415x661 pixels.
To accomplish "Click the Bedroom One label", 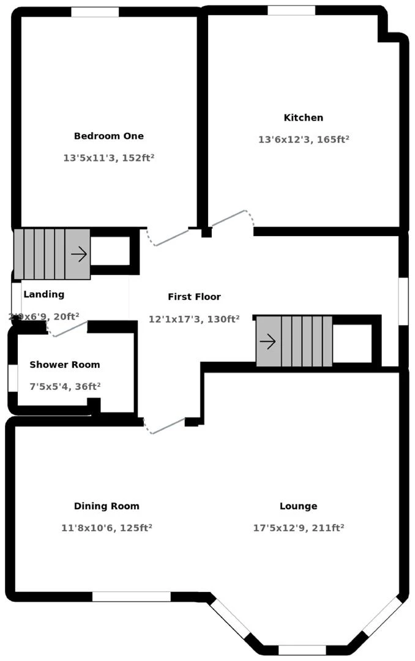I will click(108, 136).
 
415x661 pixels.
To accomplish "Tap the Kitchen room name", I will click(303, 118).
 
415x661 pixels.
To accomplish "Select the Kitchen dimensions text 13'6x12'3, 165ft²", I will click(303, 140).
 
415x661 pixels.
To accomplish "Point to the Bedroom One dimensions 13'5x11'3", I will click(108, 158).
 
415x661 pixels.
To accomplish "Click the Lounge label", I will click(298, 506).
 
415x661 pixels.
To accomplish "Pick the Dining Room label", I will click(107, 506).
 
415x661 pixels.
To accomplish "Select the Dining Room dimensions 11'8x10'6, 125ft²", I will click(107, 528).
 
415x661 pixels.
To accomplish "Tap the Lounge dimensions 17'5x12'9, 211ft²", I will click(298, 528).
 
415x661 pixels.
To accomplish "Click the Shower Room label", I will click(64, 365).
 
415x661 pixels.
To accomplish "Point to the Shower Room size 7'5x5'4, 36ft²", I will click(64, 386).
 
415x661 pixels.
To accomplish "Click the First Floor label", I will click(194, 297).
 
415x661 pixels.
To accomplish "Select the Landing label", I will click(43, 294).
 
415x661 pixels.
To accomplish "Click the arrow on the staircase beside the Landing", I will click(78, 253).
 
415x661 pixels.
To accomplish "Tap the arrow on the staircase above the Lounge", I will click(267, 342).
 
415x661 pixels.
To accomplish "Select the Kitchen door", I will click(230, 218).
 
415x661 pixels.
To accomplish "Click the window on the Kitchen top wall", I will click(291, 10).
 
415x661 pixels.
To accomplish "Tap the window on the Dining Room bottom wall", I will click(131, 596).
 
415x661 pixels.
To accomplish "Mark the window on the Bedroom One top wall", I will click(95, 12).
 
